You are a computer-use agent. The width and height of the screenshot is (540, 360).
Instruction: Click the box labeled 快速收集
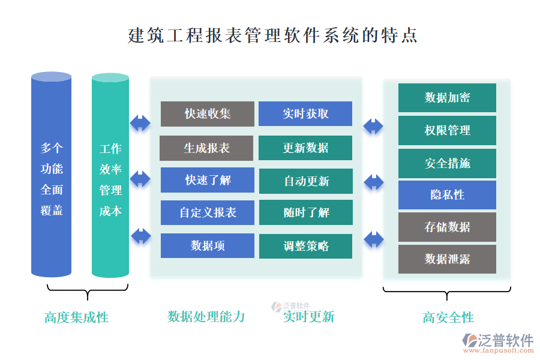click(208, 114)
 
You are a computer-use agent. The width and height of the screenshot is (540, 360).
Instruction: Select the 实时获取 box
click(305, 114)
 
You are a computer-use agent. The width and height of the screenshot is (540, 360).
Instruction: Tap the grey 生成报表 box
click(206, 148)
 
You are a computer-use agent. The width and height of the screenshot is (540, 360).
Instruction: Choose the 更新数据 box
click(305, 148)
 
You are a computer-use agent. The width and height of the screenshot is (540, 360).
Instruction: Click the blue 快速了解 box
click(208, 180)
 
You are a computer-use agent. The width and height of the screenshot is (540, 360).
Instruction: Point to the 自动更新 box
click(306, 181)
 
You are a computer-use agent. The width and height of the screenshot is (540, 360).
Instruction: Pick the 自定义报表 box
click(208, 212)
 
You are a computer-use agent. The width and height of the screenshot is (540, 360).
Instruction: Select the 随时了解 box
click(306, 212)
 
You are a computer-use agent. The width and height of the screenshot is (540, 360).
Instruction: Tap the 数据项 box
click(208, 245)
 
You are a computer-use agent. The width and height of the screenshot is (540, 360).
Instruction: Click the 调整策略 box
click(306, 246)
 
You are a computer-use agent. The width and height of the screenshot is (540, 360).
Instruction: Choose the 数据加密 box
click(447, 98)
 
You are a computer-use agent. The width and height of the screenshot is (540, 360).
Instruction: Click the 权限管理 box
click(447, 130)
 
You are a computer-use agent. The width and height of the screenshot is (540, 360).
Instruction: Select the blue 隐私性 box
click(447, 195)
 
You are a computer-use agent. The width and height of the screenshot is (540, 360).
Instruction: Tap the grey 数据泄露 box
click(447, 259)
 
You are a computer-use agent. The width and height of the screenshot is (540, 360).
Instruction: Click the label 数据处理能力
click(206, 317)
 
